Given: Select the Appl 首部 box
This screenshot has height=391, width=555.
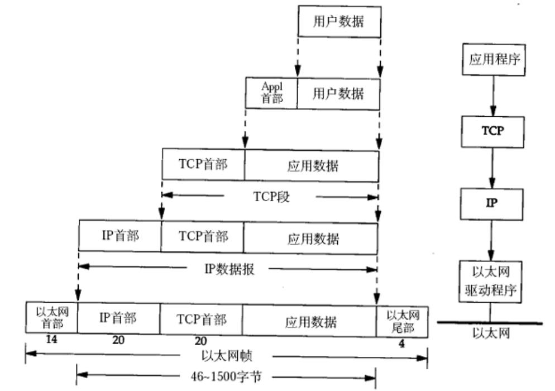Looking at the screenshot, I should [x=272, y=93].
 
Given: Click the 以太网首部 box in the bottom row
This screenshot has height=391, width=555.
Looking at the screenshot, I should [x=51, y=317].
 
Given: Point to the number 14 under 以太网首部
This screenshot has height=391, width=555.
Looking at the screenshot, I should [x=51, y=338].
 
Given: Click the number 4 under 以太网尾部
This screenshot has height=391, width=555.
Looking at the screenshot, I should [x=403, y=342].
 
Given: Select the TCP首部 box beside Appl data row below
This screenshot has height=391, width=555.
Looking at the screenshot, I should [x=203, y=165].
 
